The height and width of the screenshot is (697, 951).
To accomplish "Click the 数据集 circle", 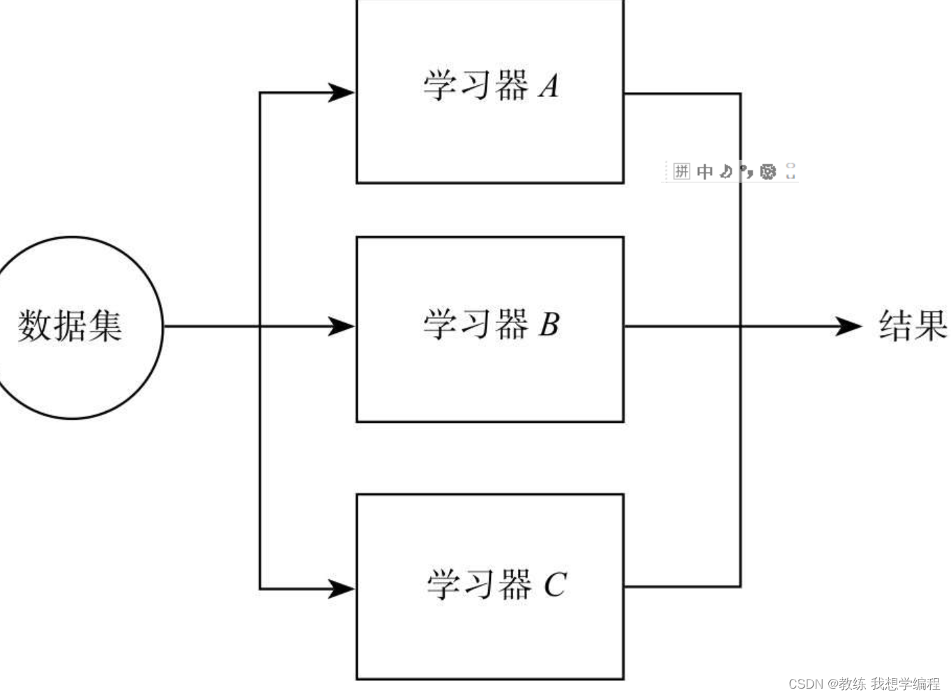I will click(x=72, y=327).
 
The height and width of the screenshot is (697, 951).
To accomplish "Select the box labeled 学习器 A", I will click(x=489, y=91).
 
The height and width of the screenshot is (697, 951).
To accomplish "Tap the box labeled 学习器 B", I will click(x=489, y=329).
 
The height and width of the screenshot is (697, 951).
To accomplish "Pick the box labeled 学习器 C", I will click(x=489, y=586).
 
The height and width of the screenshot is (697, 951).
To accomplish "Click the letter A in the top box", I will click(x=549, y=87).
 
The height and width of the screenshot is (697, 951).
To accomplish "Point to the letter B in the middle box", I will click(x=549, y=324).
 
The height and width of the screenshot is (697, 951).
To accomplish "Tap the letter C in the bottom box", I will click(x=554, y=585).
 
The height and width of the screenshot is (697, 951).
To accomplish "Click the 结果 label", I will click(x=912, y=326).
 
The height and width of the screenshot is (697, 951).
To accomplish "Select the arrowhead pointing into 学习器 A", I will click(x=342, y=92).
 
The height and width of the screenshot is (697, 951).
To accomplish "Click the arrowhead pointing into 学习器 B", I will click(x=342, y=326).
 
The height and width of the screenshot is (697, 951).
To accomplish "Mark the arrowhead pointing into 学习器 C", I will click(x=342, y=589).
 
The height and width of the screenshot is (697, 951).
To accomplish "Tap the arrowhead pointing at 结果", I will click(x=849, y=326).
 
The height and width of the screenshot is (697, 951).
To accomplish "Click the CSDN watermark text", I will click(x=806, y=684).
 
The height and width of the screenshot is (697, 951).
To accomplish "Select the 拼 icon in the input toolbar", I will click(x=681, y=171).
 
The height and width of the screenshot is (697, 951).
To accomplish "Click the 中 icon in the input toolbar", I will click(x=705, y=171).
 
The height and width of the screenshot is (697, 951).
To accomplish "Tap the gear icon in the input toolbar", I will click(x=768, y=171).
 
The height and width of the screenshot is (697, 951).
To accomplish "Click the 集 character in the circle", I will click(x=105, y=326).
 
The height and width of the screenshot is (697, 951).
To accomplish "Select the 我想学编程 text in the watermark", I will click(x=905, y=684).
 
